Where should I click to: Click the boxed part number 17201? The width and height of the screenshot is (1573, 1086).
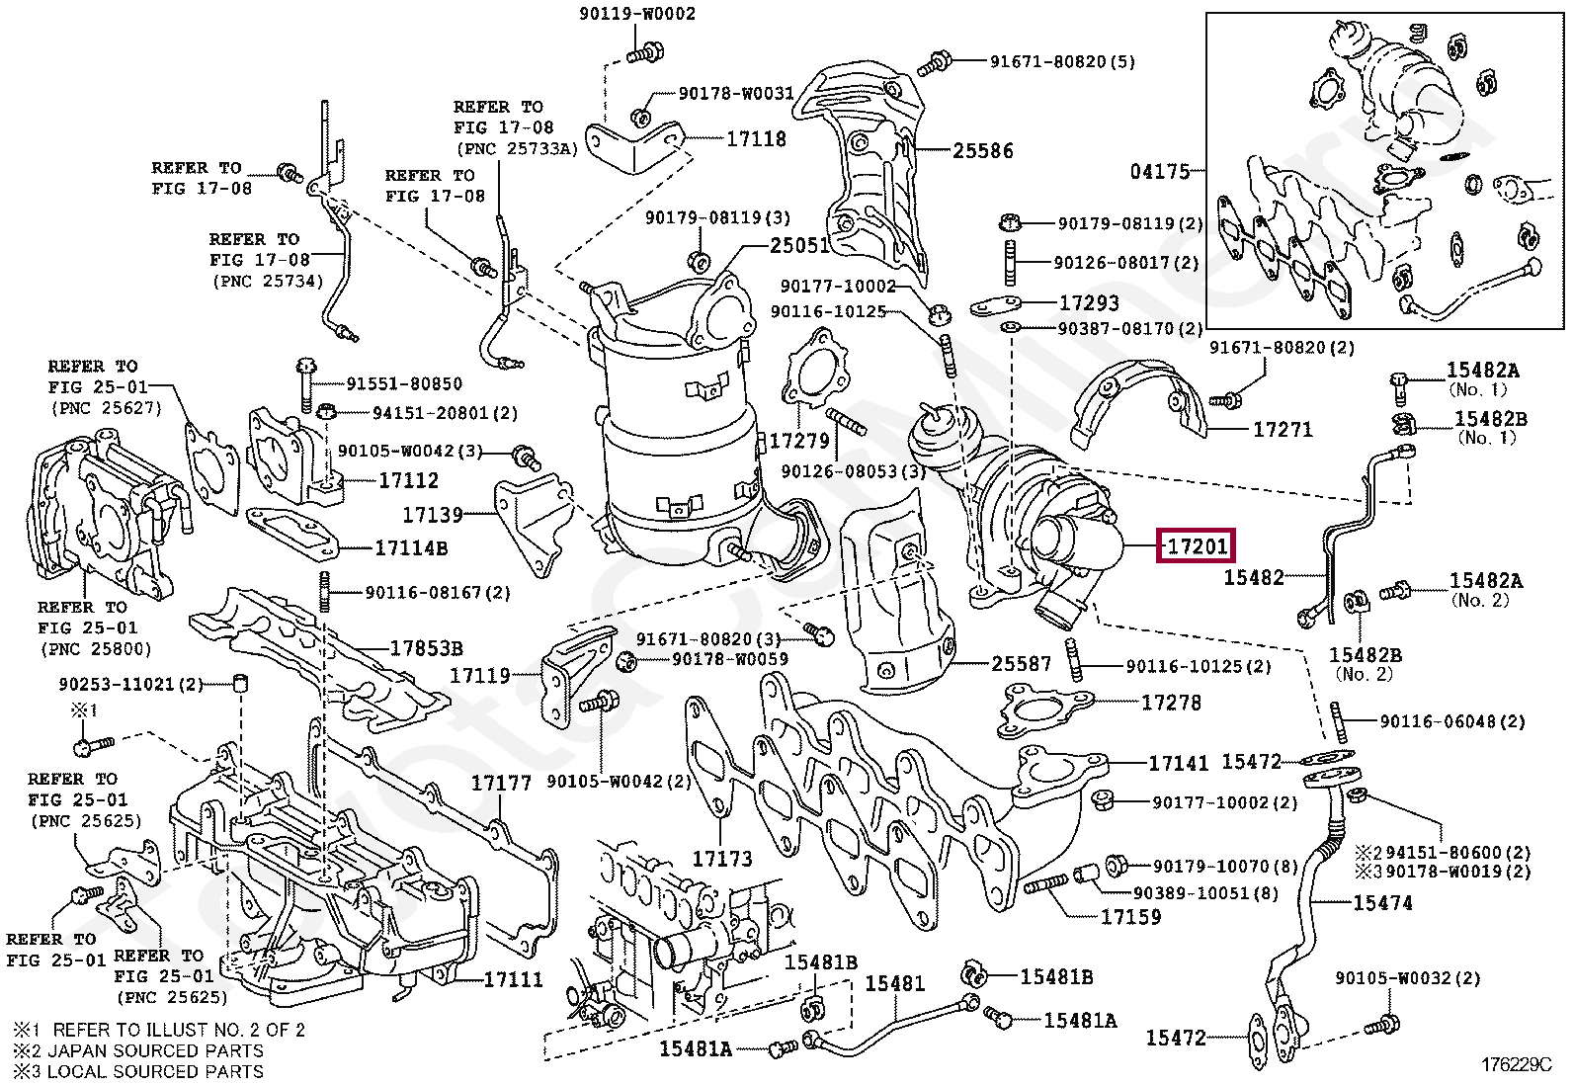pos(1197,546)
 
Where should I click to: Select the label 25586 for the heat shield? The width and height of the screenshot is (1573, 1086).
pos(983,151)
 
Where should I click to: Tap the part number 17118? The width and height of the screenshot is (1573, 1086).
pos(756,139)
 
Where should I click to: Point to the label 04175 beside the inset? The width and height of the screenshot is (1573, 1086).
pos(1160,171)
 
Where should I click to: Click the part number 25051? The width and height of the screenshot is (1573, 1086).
pos(800,246)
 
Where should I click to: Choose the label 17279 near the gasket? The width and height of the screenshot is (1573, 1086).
pos(800,441)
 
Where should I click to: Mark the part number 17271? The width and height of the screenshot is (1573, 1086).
pos(1283,429)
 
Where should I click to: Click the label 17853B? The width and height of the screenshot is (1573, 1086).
pos(427,648)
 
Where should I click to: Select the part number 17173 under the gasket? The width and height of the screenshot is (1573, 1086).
pos(722,859)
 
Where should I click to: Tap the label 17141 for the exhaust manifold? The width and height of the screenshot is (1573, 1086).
pos(1179,763)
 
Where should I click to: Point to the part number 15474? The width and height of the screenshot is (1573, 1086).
pos(1383,902)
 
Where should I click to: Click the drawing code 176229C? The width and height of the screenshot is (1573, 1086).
pos(1517,1065)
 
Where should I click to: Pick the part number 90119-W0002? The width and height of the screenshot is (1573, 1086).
pos(637,14)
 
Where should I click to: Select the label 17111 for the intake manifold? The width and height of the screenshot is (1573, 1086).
pos(514,979)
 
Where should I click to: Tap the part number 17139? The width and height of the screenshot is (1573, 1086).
pos(433,516)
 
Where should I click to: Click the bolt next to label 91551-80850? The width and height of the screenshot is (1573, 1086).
pos(306,385)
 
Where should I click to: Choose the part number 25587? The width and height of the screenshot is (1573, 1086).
pos(1022,664)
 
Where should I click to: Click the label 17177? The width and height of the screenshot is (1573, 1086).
pos(501,783)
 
